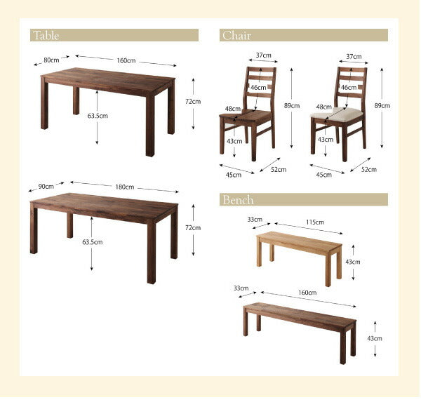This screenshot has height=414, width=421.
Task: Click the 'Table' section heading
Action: tap(45, 35)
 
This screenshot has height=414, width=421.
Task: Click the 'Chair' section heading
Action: tap(236, 35)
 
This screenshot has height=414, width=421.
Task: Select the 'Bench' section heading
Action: tap(239, 200)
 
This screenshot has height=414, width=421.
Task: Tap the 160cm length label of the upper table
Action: tap(126, 60)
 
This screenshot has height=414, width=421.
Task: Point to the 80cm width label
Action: tap(51, 60)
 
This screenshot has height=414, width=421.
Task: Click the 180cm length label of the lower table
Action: tap(125, 187)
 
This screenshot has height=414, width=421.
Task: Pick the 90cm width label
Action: tap(46, 187)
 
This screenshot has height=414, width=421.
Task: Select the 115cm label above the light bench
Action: tap(315, 222)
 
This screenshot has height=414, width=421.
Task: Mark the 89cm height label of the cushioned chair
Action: tap(382, 105)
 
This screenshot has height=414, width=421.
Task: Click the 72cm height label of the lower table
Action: tap(192, 228)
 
